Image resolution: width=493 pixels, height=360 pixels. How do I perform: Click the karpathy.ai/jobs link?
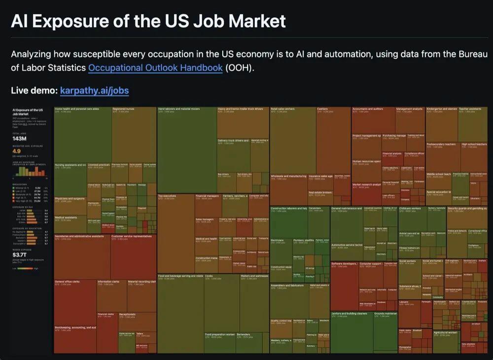pyautogui.click(x=94, y=91)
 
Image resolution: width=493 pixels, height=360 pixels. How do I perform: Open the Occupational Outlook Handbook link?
pyautogui.click(x=155, y=68)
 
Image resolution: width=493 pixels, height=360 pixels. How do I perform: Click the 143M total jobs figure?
pyautogui.click(x=19, y=139)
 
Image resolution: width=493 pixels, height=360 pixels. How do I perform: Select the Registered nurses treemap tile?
pyautogui.click(x=123, y=109)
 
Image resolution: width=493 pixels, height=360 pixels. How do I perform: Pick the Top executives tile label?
pyautogui.click(x=167, y=196)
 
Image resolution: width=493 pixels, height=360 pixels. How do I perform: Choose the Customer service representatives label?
pyautogui.click(x=131, y=236)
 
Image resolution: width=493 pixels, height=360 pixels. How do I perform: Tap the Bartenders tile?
pyautogui.click(x=244, y=334)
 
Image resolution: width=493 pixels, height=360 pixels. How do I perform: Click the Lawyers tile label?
pyautogui.click(x=404, y=301)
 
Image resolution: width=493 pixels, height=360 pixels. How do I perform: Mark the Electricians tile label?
pyautogui.click(x=278, y=240)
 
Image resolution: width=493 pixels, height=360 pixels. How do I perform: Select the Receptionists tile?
pyautogui.click(x=127, y=314)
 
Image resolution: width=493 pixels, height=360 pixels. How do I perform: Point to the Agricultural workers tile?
pyautogui.click(x=446, y=332)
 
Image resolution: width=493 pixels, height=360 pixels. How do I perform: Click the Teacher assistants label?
pyautogui.click(x=470, y=109)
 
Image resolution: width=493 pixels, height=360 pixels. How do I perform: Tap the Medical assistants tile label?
pyautogui.click(x=66, y=217)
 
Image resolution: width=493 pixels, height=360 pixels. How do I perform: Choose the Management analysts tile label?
pyautogui.click(x=409, y=109)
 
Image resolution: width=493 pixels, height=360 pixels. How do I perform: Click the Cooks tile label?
pyautogui.click(x=209, y=276)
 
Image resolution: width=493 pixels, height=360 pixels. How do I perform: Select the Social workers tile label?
pyautogui.click(x=407, y=261)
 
